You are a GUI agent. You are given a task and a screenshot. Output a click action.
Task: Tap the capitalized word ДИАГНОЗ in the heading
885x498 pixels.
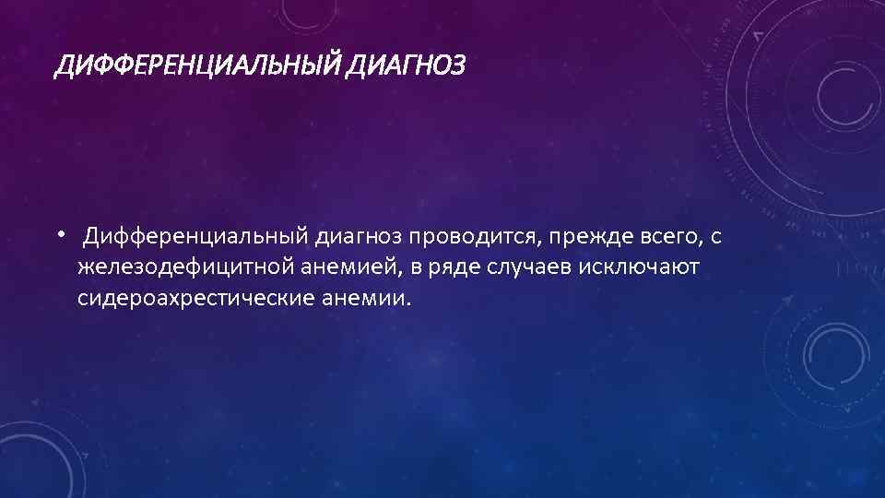[408, 65]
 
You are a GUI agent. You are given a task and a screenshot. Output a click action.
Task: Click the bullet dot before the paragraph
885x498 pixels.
[59, 234]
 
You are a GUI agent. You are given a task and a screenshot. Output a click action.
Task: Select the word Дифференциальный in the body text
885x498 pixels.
[195, 238]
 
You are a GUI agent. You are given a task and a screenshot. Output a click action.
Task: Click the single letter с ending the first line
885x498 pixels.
[716, 238]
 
